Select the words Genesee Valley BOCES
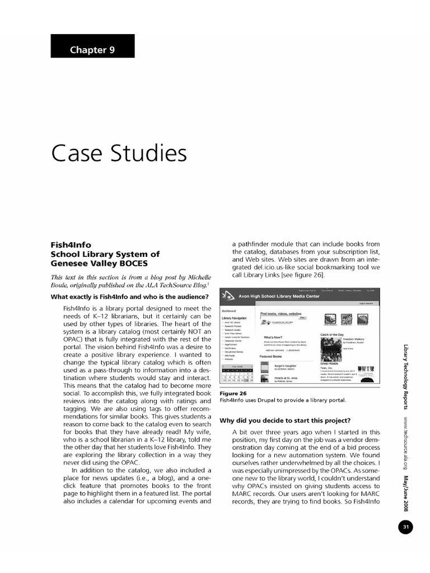coord(100,263)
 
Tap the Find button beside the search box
coord(302,318)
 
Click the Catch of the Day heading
coord(331,334)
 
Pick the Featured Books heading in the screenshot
coord(270,356)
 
